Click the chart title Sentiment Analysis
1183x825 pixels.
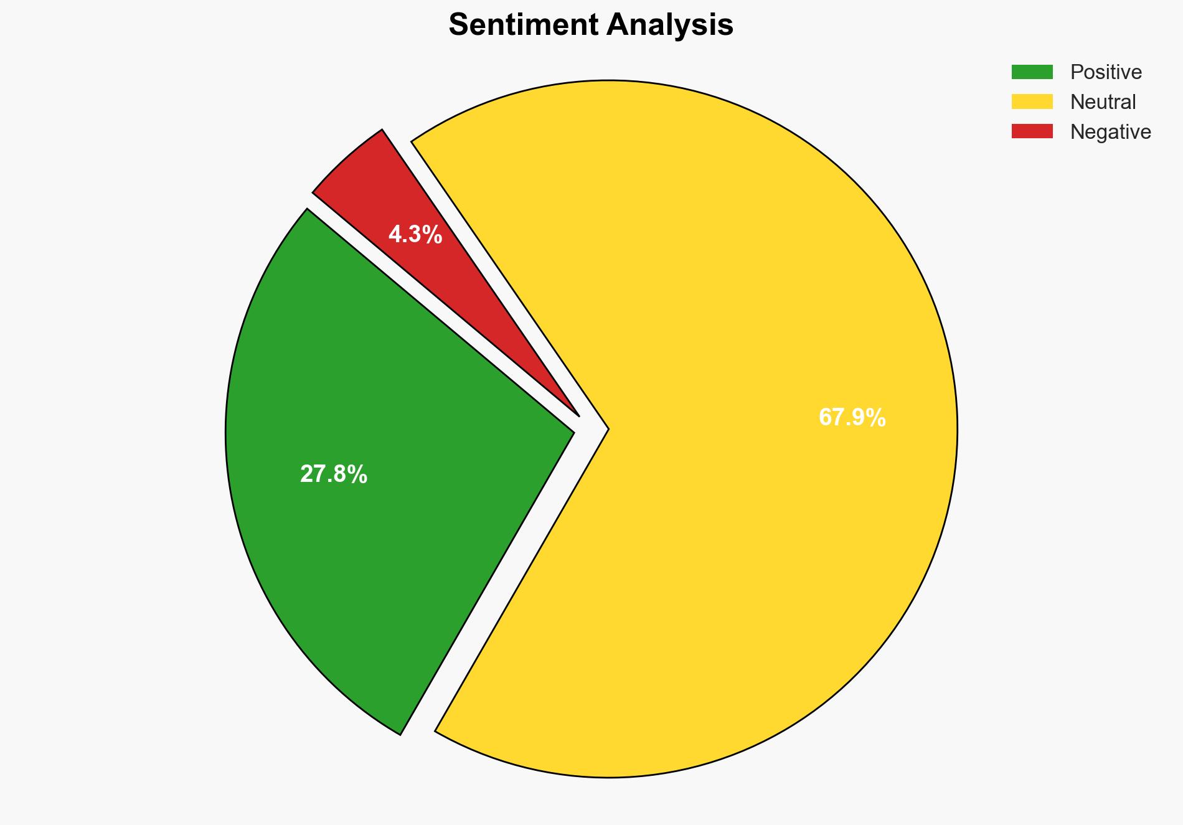[591, 26]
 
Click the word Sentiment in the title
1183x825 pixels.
[522, 26]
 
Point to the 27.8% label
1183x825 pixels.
[334, 474]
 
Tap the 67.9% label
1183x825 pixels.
[852, 417]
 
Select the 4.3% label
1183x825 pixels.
[415, 235]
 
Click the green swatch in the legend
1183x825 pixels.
[1032, 72]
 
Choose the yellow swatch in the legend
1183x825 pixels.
[1032, 101]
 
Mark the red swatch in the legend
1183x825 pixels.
[1032, 131]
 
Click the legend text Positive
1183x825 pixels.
[1106, 72]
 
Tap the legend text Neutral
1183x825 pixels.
[1103, 102]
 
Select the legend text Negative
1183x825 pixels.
[1110, 132]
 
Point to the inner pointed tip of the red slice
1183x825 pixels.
[578, 415]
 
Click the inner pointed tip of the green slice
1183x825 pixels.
[572, 431]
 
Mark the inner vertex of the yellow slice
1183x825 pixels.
[607, 429]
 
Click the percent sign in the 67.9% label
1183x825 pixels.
[877, 417]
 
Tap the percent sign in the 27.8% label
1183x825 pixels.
[359, 474]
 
